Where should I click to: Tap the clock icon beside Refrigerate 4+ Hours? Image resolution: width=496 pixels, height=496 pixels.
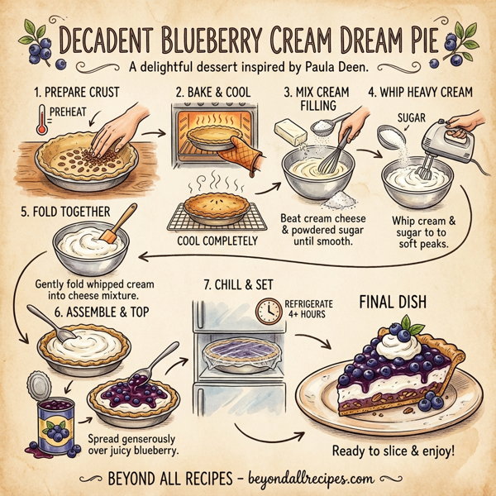coord(268,310)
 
